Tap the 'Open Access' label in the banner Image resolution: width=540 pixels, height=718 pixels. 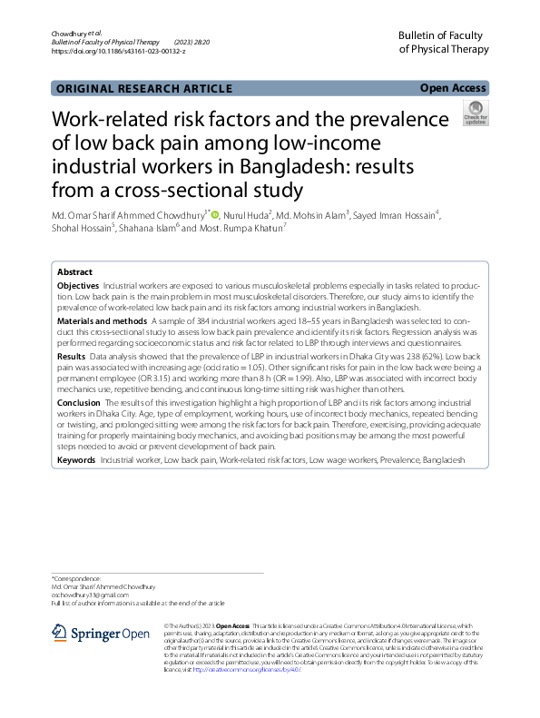[453, 88]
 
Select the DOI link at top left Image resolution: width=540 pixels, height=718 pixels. [118, 52]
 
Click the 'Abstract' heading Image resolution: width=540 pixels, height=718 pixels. [74, 272]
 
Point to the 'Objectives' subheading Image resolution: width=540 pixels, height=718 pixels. [78, 286]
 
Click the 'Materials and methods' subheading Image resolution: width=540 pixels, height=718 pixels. [102, 321]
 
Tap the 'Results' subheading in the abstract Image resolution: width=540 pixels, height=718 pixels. [72, 357]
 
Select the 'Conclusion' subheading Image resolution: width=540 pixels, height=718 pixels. [79, 401]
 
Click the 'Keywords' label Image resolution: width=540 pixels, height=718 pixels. [76, 461]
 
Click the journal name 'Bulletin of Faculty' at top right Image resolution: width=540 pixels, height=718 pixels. [440, 34]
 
